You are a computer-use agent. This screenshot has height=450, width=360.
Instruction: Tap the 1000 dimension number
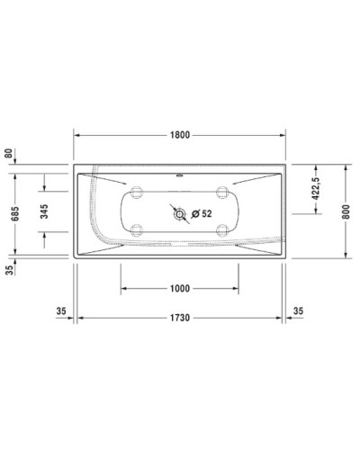click(x=179, y=288)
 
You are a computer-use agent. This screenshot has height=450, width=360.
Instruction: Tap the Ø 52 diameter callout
click(x=201, y=214)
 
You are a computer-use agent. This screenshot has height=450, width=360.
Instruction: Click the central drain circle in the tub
click(x=180, y=214)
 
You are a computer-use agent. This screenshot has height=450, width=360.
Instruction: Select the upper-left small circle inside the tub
click(x=138, y=192)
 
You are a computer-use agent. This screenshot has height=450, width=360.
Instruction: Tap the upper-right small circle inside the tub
click(x=221, y=192)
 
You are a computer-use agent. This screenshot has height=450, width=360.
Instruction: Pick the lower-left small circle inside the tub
click(x=138, y=228)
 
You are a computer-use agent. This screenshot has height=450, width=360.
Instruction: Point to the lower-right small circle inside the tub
click(x=221, y=228)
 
